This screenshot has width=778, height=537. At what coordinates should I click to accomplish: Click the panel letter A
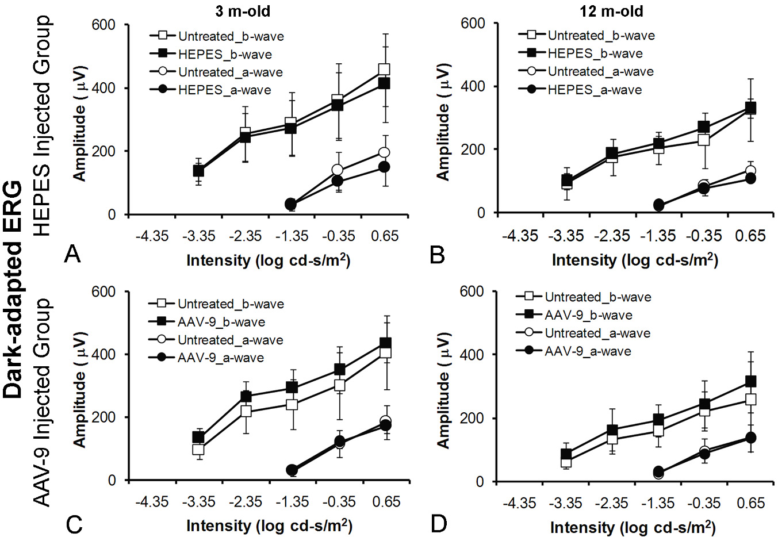[x=72, y=253]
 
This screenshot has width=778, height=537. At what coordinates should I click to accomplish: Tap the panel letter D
[x=439, y=523]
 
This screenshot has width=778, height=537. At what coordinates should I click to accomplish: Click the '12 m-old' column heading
[x=612, y=11]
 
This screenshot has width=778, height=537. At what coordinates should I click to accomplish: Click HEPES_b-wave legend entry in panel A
[x=224, y=55]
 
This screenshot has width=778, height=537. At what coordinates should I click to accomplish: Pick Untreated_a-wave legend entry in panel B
[x=600, y=72]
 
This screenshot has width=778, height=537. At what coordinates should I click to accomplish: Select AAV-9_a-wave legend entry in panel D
[x=588, y=351]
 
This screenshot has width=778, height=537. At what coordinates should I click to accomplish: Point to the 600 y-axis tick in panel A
[x=104, y=25]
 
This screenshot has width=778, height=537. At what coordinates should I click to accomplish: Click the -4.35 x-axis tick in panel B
[x=520, y=236]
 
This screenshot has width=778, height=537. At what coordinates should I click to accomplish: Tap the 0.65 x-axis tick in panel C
[x=386, y=502]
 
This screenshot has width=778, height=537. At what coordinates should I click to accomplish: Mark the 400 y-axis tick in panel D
[x=472, y=355]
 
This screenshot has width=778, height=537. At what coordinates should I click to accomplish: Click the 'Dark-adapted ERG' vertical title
[x=13, y=290]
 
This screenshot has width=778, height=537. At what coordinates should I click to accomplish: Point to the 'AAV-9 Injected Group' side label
[x=42, y=402]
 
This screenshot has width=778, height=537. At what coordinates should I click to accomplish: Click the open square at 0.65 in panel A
[x=384, y=70]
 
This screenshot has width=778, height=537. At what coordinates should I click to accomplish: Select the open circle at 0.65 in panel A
[x=384, y=152]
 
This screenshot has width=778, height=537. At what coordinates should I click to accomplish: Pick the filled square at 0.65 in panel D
[x=750, y=381]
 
